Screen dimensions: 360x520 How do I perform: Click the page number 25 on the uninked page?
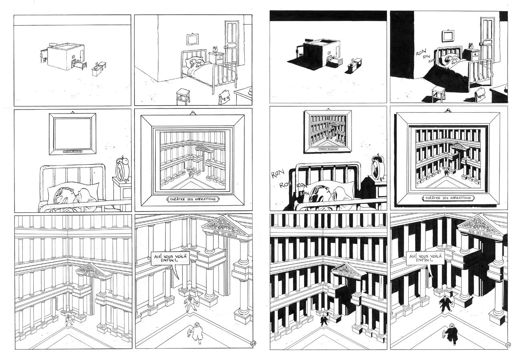253,343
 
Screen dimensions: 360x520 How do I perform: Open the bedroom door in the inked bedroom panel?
490,42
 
